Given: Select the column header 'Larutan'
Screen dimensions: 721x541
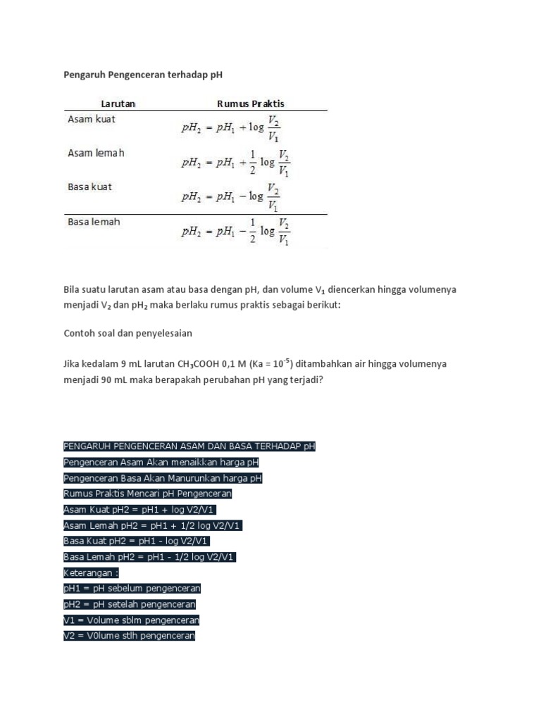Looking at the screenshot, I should pyautogui.click(x=118, y=104).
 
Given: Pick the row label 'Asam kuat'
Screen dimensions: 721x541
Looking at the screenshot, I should pyautogui.click(x=92, y=119).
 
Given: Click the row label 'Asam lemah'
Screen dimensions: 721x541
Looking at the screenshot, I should pyautogui.click(x=96, y=153).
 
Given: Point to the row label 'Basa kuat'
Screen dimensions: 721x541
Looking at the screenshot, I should pyautogui.click(x=90, y=187).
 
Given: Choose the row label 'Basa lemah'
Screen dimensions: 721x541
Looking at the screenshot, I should pyautogui.click(x=94, y=222).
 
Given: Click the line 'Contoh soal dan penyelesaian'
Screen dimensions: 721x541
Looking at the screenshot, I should pyautogui.click(x=128, y=333).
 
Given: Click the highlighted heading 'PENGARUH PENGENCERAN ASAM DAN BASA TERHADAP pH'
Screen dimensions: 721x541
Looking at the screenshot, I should pyautogui.click(x=189, y=446).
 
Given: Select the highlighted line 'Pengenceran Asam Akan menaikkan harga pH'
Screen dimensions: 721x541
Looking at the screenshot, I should pyautogui.click(x=161, y=463).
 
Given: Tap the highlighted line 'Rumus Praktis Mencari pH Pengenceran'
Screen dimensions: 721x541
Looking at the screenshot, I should pyautogui.click(x=147, y=494).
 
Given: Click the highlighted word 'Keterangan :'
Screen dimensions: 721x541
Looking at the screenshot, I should pyautogui.click(x=91, y=572).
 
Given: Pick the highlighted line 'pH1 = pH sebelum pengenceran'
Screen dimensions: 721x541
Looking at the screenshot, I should pyautogui.click(x=132, y=588).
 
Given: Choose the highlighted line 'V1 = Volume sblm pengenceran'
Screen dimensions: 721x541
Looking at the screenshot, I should pyautogui.click(x=131, y=620).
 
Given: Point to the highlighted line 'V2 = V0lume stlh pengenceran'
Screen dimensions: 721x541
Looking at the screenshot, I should pyautogui.click(x=129, y=636).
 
